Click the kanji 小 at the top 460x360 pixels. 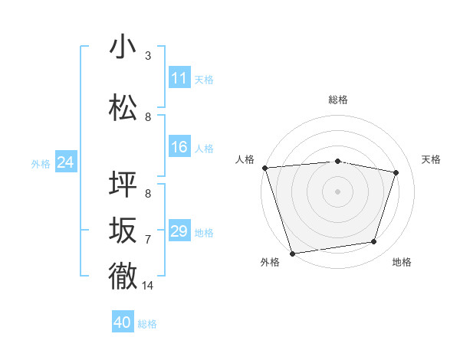tap(123, 47)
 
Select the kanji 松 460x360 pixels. tap(123, 108)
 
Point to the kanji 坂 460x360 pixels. tap(123, 231)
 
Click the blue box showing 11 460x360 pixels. tap(179, 78)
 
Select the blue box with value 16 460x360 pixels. tap(179, 147)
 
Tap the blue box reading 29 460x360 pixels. tap(179, 231)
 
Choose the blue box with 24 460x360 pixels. tap(66, 162)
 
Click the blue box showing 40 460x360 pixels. tap(123, 322)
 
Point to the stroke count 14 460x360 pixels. tap(148, 286)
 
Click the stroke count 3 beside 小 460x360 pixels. tap(148, 56)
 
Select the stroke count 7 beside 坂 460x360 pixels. tap(148, 240)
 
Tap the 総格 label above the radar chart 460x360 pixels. tap(338, 100)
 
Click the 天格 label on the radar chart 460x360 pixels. tap(432, 159)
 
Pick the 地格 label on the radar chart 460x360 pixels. tap(402, 262)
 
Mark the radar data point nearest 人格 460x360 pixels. tap(264, 167)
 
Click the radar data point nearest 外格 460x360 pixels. tap(292, 252)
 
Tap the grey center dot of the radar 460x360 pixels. tap(338, 191)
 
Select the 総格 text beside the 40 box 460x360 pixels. tap(148, 324)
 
